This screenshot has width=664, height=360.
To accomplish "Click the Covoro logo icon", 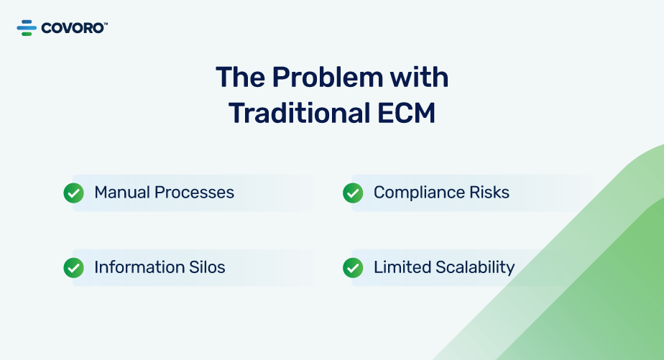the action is pos(27,28).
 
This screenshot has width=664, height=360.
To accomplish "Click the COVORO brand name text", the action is pos(72,28).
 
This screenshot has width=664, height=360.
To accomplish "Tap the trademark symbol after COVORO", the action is pos(106,24).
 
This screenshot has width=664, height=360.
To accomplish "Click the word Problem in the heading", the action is pos(328,77).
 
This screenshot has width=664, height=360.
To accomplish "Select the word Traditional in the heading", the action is pos(300,113).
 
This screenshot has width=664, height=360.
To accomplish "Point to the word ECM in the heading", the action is pos(406,113).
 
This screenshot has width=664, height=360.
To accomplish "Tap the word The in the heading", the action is pos(241,77).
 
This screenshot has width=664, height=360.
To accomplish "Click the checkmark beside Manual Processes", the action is pos(74,193).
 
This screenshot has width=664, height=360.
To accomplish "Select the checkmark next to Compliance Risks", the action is pos(353,193).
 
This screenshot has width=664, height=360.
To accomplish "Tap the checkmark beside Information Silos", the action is pos(74,268).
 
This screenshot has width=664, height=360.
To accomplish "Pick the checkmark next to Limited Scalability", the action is pos(353,268).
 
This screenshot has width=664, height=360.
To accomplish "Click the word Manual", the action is pos(122,193).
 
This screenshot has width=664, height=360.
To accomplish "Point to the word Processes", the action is pos(194,193).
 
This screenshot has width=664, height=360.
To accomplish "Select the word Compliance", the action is pos(419,193).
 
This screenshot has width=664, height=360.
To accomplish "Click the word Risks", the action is pos(489,193).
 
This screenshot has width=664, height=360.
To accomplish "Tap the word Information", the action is pos(139,267).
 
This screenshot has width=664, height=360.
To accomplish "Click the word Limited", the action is pos(402,267).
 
